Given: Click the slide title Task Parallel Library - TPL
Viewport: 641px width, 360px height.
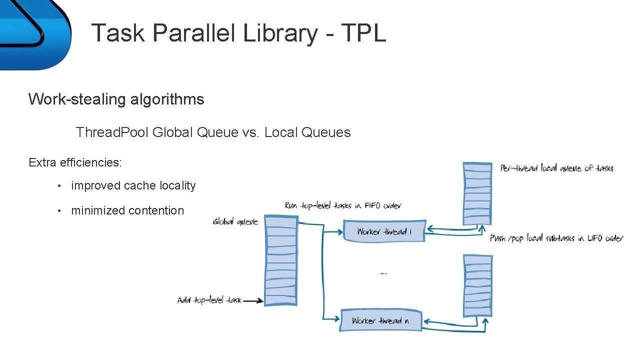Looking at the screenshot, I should click(x=238, y=33).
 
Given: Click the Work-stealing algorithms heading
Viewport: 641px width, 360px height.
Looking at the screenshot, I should click(x=116, y=99).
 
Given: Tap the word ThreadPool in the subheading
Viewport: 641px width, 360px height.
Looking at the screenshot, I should click(x=112, y=132).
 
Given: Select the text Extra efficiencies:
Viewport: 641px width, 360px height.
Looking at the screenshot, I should click(x=75, y=162).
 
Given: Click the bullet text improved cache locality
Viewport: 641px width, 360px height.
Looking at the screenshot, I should click(x=133, y=185).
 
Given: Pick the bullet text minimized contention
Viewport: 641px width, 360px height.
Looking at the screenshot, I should click(x=127, y=210).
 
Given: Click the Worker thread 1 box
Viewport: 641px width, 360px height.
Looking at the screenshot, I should click(x=383, y=231).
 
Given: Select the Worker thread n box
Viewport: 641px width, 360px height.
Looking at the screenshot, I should click(x=380, y=320).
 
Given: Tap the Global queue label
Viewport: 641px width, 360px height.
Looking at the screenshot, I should click(x=235, y=221).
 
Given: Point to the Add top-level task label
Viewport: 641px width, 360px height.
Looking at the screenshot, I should click(x=209, y=300).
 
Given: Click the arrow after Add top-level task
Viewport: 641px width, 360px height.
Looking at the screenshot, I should click(x=253, y=300).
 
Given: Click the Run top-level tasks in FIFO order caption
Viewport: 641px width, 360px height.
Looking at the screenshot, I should click(x=342, y=205).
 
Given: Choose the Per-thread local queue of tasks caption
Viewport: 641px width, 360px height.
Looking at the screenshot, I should click(x=556, y=168).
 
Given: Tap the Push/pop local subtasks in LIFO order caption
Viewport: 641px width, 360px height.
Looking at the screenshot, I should click(x=556, y=238).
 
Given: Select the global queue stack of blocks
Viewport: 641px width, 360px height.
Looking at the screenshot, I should click(x=280, y=260).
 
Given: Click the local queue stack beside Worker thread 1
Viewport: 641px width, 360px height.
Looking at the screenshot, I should click(x=477, y=193).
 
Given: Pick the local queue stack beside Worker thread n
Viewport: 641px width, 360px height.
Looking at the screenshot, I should click(x=477, y=285).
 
